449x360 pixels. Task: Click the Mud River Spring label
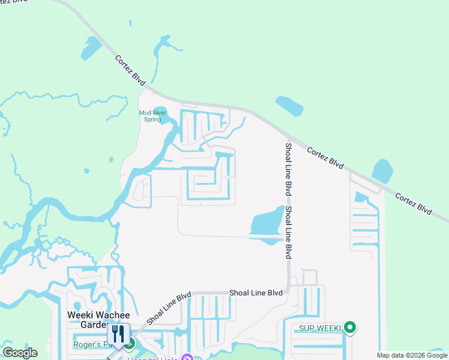pyautogui.click(x=150, y=116)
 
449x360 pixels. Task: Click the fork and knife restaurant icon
pyautogui.click(x=118, y=334)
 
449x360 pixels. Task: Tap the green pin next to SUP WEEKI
pyautogui.click(x=351, y=328)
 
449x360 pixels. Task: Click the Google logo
pyautogui.click(x=20, y=353)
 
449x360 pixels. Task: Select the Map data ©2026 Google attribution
pyautogui.click(x=412, y=355)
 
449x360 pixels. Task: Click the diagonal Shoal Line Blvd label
pyautogui.click(x=168, y=307)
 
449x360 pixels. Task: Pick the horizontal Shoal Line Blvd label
pyautogui.click(x=256, y=293)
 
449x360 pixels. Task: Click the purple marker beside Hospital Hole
pyautogui.click(x=187, y=358)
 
